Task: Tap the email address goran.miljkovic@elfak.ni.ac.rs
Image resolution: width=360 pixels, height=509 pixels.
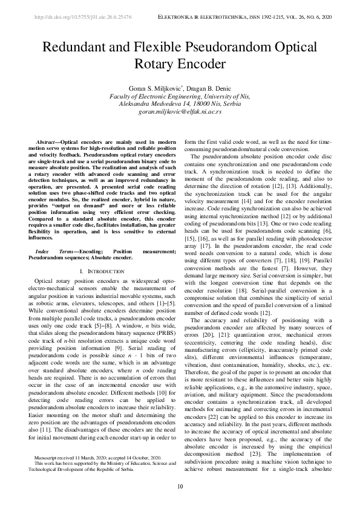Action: pyautogui.click(x=180, y=112)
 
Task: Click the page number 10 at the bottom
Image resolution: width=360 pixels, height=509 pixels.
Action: pyautogui.click(x=180, y=487)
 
